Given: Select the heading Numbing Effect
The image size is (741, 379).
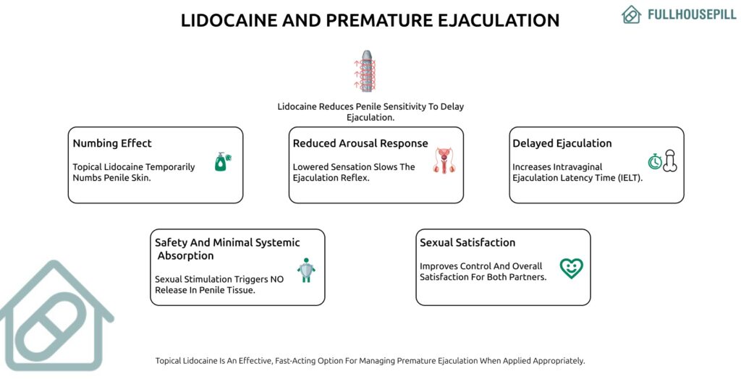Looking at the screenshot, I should point(112,143).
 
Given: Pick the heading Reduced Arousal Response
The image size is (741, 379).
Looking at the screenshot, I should point(360,143).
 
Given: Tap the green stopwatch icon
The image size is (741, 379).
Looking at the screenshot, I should point(655,161).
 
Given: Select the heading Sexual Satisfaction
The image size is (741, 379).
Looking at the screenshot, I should point(467,242).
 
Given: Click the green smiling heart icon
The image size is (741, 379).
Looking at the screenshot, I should point(571,268).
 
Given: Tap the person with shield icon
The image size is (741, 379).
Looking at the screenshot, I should point(306,270).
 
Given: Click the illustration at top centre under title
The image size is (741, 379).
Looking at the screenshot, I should point(370,72).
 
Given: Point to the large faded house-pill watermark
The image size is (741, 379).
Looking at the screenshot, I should point(54,318).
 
